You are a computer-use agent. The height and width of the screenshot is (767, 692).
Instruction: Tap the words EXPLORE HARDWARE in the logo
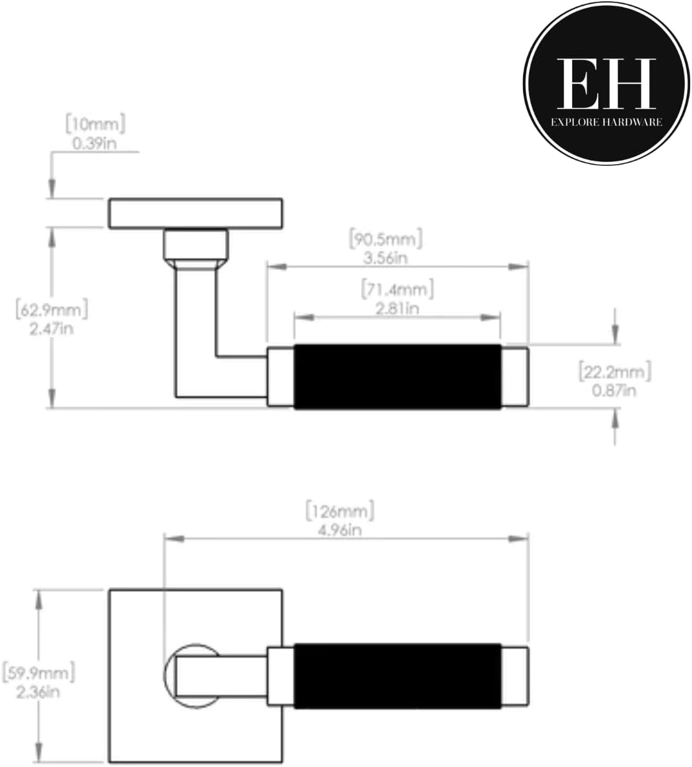(x=606, y=122)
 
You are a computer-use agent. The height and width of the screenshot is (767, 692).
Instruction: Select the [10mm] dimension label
(x=96, y=124)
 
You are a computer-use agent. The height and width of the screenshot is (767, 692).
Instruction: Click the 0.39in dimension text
(x=96, y=143)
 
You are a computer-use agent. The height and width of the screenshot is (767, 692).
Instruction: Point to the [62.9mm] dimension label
(x=52, y=309)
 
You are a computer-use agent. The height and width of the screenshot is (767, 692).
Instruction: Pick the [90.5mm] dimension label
(x=386, y=238)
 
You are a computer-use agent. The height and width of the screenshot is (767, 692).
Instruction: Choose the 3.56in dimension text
(x=386, y=257)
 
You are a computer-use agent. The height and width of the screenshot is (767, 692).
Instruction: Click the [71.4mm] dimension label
(x=397, y=289)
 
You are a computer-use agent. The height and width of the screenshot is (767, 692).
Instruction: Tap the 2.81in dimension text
(x=397, y=308)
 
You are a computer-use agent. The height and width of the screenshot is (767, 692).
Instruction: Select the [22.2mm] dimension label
(x=615, y=371)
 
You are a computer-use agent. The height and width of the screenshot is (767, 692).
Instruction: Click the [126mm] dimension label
(x=340, y=511)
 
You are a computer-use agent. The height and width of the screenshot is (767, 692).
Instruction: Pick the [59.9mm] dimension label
(x=39, y=672)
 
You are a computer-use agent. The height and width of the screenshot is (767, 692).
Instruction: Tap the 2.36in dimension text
(x=39, y=691)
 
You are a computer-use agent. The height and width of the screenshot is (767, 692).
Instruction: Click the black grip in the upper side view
(x=397, y=377)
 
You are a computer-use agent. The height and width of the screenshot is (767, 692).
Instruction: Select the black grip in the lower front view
(x=397, y=676)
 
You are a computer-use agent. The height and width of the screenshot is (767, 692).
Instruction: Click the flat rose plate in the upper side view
(x=196, y=213)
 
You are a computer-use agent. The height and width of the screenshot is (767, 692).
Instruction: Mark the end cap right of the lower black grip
(x=516, y=676)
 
